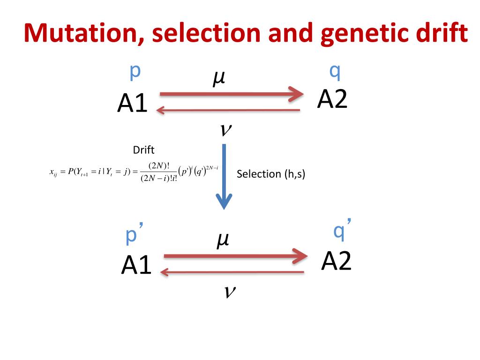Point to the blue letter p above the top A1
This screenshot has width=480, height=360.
135,72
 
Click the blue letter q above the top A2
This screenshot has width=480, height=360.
335,72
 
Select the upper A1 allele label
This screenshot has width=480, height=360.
132,104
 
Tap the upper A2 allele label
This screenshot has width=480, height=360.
332,99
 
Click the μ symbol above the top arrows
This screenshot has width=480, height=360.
218,78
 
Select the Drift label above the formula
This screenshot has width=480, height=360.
143,150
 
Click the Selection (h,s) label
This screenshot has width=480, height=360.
271,174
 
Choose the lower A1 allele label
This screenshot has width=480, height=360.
136,266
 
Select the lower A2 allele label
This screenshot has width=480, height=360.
336,261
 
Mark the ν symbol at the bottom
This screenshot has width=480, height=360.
229,292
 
